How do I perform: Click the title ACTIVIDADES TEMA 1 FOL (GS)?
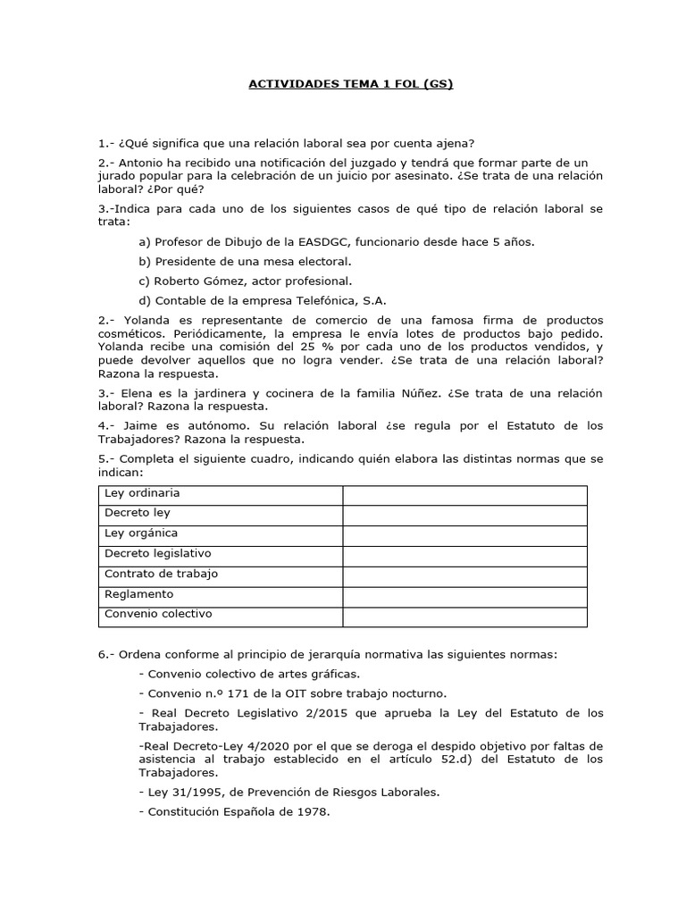[x=350, y=85]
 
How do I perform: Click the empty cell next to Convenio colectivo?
[x=464, y=617]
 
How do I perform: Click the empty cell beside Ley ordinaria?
[x=464, y=495]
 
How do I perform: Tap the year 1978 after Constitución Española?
[x=314, y=811]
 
